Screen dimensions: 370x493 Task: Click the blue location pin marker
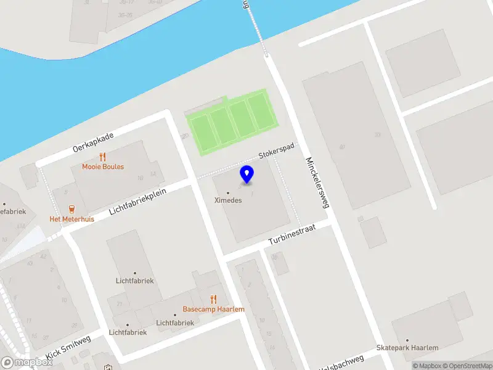pyautogui.click(x=246, y=175)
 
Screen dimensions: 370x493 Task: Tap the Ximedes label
pyautogui.click(x=228, y=200)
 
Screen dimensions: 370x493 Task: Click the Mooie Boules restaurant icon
pyautogui.click(x=103, y=157)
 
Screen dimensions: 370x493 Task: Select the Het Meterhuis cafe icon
pyautogui.click(x=72, y=208)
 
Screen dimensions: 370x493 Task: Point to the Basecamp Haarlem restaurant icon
pyautogui.click(x=214, y=299)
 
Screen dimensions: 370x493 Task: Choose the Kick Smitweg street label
pyautogui.click(x=68, y=348)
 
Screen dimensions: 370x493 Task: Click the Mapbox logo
pyautogui.click(x=28, y=363)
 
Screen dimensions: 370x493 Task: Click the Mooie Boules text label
pyautogui.click(x=103, y=166)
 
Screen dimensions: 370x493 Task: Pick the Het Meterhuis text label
pyautogui.click(x=72, y=219)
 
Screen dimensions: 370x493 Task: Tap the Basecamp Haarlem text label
pyautogui.click(x=214, y=309)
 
